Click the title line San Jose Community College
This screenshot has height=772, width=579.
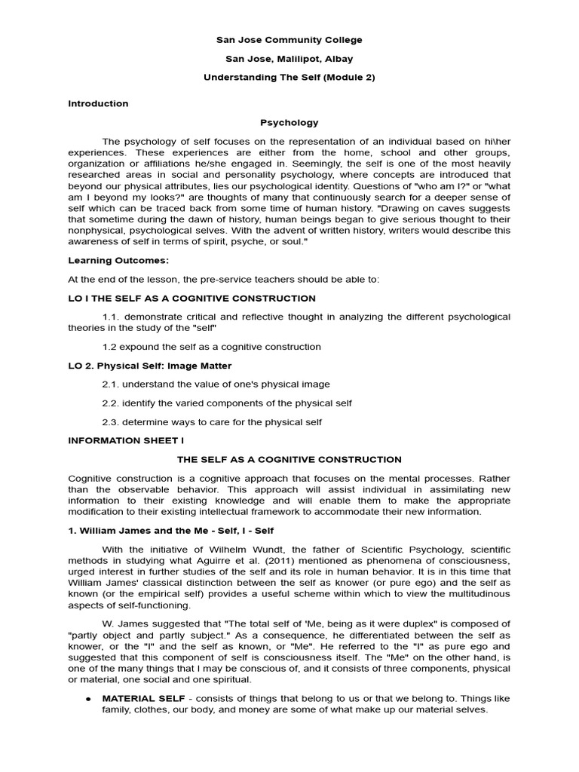click(x=289, y=40)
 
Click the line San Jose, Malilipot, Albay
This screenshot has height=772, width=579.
click(x=289, y=59)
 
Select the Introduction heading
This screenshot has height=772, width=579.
click(x=98, y=103)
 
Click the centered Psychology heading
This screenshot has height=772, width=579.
click(x=289, y=122)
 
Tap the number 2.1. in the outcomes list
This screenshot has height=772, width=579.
click(x=112, y=384)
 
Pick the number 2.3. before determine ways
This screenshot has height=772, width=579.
click(x=112, y=421)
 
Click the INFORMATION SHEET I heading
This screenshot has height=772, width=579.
click(x=126, y=440)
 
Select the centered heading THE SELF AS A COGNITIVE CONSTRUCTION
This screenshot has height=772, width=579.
click(x=289, y=459)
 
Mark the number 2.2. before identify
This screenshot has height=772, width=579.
click(x=112, y=403)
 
